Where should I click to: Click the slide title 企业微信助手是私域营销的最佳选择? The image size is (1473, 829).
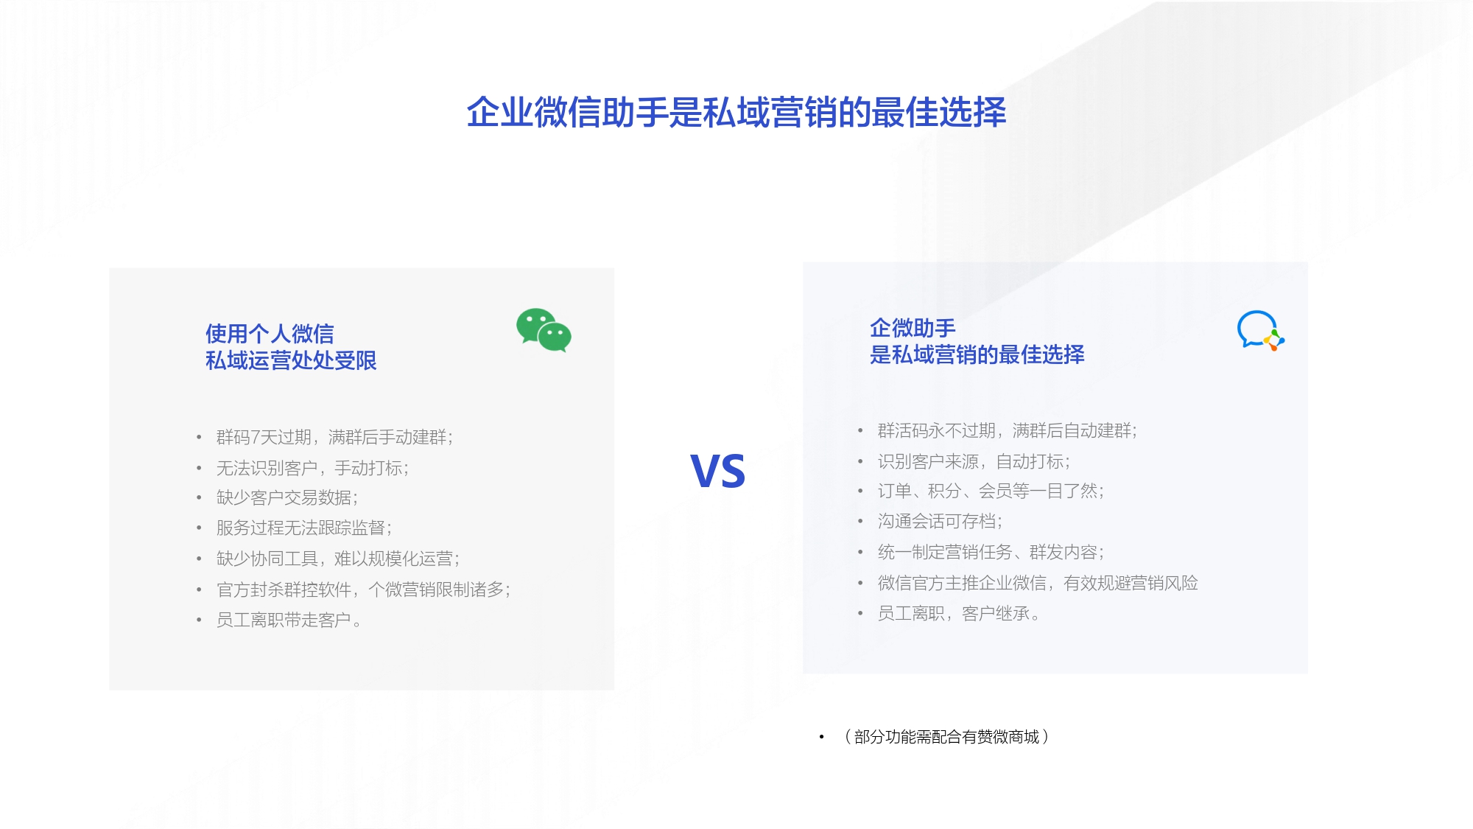point(736,113)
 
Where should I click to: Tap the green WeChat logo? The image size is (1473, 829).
point(544,330)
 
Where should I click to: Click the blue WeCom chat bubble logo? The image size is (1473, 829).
point(1260,330)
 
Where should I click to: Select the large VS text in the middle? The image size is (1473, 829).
point(718,471)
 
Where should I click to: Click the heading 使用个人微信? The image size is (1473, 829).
point(270,334)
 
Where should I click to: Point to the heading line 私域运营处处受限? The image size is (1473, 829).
point(291,360)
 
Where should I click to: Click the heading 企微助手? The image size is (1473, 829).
point(913,328)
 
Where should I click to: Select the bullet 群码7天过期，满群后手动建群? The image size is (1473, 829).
point(334,438)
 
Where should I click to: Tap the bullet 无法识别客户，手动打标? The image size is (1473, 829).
point(312,468)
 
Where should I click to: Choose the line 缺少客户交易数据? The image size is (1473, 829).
point(287,498)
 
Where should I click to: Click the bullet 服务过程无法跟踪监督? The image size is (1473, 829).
point(304,528)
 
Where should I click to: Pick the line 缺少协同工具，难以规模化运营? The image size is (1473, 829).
point(338,559)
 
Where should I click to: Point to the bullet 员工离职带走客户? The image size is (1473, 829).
point(289,620)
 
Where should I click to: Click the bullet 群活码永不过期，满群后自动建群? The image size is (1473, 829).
point(1008,430)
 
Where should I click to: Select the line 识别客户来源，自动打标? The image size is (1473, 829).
point(974,461)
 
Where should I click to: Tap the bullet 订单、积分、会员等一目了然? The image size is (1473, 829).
point(991,492)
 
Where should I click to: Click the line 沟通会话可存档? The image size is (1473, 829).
point(940,522)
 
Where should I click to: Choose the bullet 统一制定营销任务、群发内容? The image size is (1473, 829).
point(991,552)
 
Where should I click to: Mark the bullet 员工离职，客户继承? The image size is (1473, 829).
point(958,614)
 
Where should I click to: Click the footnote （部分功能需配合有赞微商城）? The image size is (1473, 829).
point(947,737)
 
